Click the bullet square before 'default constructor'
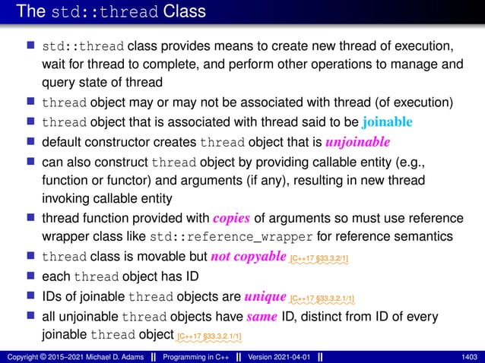point(33,141)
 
